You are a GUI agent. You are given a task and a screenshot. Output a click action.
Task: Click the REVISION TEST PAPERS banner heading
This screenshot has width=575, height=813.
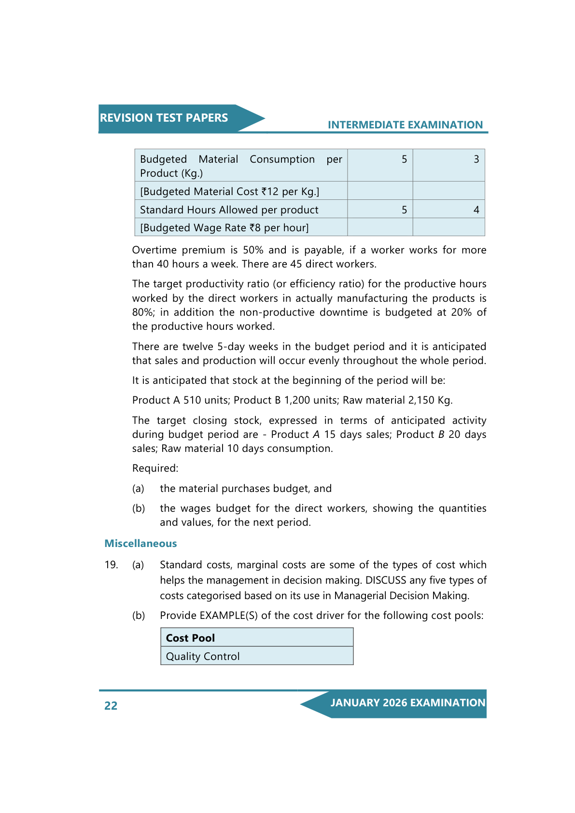point(164,118)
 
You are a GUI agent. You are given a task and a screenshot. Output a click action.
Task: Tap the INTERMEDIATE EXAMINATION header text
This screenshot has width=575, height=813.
point(405,125)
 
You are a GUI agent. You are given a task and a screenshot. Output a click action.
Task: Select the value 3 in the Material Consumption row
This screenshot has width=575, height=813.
point(476,159)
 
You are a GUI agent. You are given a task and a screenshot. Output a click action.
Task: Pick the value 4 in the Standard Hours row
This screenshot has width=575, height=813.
point(476,210)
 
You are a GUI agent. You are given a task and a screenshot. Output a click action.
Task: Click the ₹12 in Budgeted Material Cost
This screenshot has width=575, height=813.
point(270,192)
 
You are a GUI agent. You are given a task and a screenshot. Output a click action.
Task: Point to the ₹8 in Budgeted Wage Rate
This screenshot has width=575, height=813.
point(255,228)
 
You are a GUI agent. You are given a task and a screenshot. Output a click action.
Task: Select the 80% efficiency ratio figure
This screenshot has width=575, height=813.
point(142,312)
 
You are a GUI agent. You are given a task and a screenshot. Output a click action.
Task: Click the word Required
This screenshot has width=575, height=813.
point(155,468)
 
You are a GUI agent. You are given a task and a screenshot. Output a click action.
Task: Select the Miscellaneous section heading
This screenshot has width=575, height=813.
point(140,544)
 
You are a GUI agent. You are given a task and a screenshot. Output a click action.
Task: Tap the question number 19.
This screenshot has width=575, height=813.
point(111,565)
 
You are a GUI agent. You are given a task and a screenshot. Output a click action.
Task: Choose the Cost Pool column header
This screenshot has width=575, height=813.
point(190,638)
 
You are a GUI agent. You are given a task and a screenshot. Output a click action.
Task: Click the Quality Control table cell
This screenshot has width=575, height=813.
point(203,657)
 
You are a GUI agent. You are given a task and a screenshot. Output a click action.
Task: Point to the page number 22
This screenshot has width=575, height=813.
point(111,706)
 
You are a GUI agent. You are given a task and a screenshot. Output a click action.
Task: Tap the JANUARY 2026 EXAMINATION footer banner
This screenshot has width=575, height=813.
point(407,703)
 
